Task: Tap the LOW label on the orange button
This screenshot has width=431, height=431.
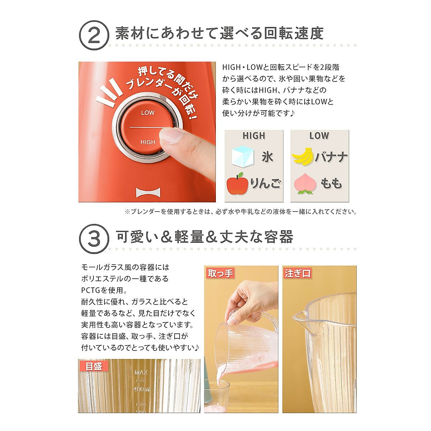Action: [148, 113]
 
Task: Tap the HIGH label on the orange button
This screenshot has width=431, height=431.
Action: [148, 142]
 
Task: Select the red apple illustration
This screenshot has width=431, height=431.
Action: [237, 184]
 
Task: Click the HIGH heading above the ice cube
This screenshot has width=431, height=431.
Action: [254, 136]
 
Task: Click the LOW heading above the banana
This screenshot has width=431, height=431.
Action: [319, 136]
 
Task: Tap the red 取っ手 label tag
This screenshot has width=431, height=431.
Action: [220, 273]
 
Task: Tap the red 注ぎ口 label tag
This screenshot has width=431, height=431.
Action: [297, 273]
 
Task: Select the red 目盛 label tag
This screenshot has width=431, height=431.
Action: [94, 366]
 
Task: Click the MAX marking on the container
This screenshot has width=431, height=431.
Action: [141, 372]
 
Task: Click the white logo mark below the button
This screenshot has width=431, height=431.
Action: [147, 193]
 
